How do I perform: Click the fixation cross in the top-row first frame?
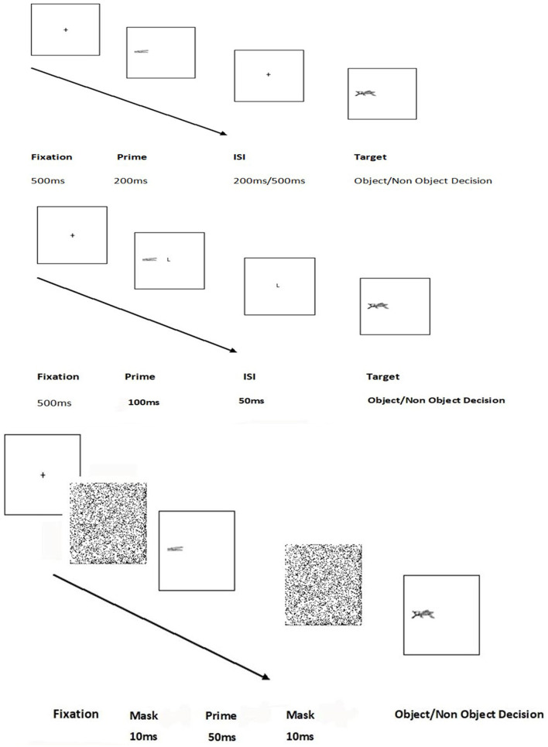coord(66,29)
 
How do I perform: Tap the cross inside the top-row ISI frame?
coord(268,74)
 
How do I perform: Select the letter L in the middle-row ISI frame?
coord(278,286)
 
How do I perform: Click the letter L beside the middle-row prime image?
coord(168,259)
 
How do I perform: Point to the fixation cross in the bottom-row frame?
coord(43,475)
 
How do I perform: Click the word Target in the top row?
coord(368,157)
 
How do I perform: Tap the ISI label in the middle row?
coord(248,377)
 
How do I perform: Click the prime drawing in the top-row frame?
coord(140,52)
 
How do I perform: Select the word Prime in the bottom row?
coord(221,716)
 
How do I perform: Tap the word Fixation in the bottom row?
coord(77,714)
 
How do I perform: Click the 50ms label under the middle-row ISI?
coord(252,400)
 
